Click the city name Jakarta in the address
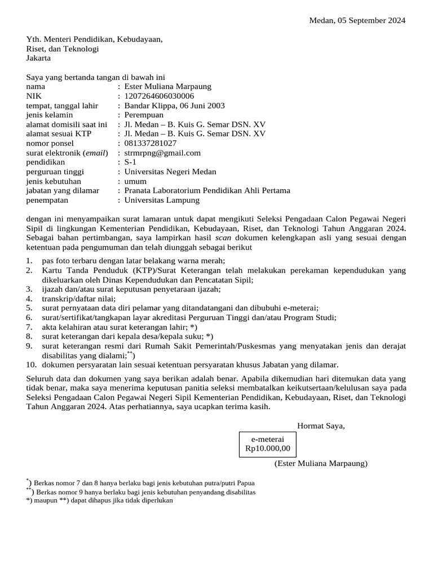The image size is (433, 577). (x=38, y=58)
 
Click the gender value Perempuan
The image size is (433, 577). (x=144, y=115)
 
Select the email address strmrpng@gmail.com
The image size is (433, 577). (x=162, y=153)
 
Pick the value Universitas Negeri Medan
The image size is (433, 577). (x=170, y=172)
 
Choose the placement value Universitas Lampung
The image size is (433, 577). (x=162, y=200)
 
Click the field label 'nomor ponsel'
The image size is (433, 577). (x=49, y=143)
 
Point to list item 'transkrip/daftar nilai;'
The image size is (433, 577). (x=78, y=299)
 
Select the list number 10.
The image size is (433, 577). (x=31, y=365)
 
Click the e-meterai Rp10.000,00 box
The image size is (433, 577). (x=268, y=444)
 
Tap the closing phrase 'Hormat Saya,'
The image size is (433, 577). (x=321, y=425)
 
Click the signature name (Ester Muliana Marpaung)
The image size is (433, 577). (x=321, y=463)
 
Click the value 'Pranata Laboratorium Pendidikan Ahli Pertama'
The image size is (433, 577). (x=207, y=190)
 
